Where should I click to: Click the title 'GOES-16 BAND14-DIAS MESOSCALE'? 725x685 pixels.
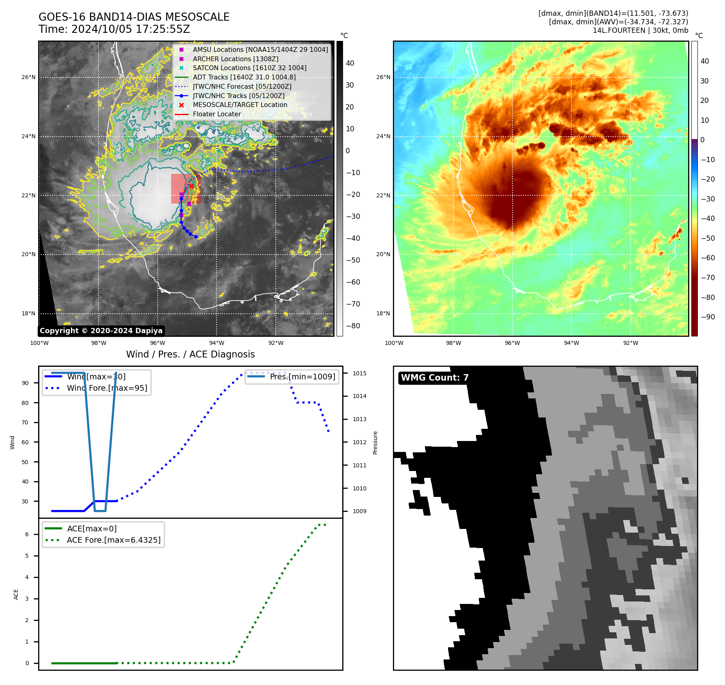tap(134, 17)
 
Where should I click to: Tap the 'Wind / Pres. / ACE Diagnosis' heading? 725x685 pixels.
tap(190, 354)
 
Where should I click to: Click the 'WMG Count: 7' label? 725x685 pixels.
tap(435, 378)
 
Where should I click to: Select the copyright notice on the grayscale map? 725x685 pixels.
tap(101, 331)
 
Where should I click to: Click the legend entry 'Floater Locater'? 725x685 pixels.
tap(217, 114)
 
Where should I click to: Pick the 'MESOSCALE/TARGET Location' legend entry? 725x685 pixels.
tap(240, 105)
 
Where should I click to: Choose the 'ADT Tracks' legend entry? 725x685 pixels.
tap(244, 77)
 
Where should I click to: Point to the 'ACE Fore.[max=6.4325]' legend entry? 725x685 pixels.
tap(114, 540)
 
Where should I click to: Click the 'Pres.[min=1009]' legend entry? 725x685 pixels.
tap(302, 377)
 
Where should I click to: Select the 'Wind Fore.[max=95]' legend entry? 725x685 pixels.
tap(107, 388)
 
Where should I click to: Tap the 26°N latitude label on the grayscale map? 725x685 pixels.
tap(28, 77)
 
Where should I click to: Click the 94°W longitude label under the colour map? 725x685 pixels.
tap(571, 343)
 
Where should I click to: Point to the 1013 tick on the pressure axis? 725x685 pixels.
tap(359, 419)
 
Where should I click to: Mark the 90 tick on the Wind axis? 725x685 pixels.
tap(25, 383)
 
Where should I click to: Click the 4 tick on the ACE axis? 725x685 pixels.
tap(27, 577)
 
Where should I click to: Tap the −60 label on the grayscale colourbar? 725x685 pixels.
tap(353, 282)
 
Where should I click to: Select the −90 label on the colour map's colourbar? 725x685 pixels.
tap(708, 317)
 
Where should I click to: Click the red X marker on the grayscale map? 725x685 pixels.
tap(191, 186)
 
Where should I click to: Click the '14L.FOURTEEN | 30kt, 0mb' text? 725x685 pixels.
tap(640, 30)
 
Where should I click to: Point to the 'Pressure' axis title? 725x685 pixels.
tap(375, 443)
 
